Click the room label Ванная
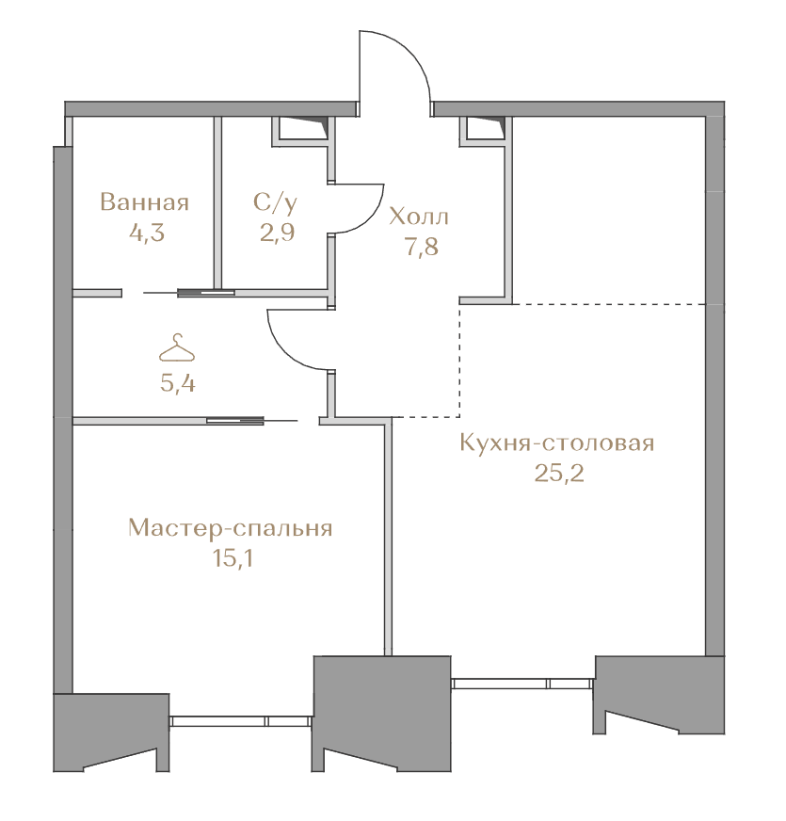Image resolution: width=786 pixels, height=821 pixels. click(x=144, y=202)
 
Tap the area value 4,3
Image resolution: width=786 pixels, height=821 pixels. click(x=147, y=233)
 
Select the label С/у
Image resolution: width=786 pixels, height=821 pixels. click(x=276, y=202)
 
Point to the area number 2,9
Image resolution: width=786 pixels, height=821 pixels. click(x=277, y=232)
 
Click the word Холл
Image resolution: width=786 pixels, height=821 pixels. click(x=419, y=217)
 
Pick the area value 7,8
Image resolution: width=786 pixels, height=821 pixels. click(x=422, y=246)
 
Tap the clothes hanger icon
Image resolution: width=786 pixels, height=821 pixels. click(x=177, y=347)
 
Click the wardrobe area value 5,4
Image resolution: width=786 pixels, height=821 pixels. click(x=178, y=384)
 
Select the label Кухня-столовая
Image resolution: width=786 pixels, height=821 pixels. click(x=557, y=443)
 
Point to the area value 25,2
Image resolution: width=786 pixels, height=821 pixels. click(x=559, y=474)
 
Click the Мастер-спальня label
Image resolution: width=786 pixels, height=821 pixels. click(x=231, y=528)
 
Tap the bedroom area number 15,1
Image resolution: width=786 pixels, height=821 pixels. click(x=233, y=558)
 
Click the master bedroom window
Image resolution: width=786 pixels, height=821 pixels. click(x=241, y=721)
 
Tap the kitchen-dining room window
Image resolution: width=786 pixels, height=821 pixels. click(x=522, y=683)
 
